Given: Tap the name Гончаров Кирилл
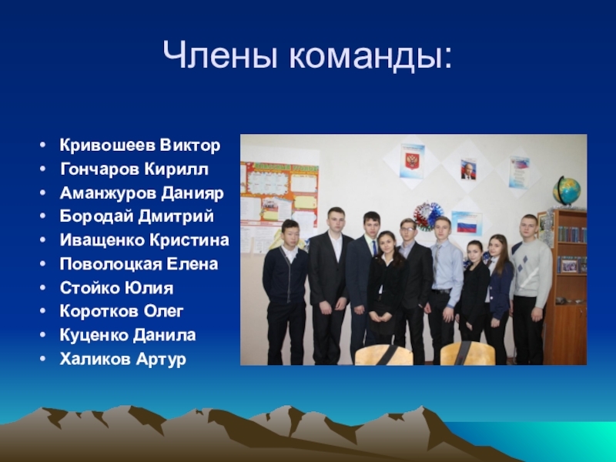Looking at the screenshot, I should pyautogui.click(x=134, y=169).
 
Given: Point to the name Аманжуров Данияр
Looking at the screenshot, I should pyautogui.click(x=142, y=193).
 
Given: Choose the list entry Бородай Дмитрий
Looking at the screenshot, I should pyautogui.click(x=137, y=217).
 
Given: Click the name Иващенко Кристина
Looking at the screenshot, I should pyautogui.click(x=145, y=241).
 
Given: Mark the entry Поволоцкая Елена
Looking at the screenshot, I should pyautogui.click(x=139, y=265).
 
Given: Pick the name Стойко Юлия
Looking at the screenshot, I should pyautogui.click(x=116, y=289).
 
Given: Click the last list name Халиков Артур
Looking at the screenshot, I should pyautogui.click(x=123, y=360).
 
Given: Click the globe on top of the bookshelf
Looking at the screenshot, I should pyautogui.click(x=567, y=190).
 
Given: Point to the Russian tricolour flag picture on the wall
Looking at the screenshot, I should pyautogui.click(x=466, y=223).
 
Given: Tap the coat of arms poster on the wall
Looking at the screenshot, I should pyautogui.click(x=413, y=161).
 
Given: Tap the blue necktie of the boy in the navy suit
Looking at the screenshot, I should pyautogui.click(x=373, y=248).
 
